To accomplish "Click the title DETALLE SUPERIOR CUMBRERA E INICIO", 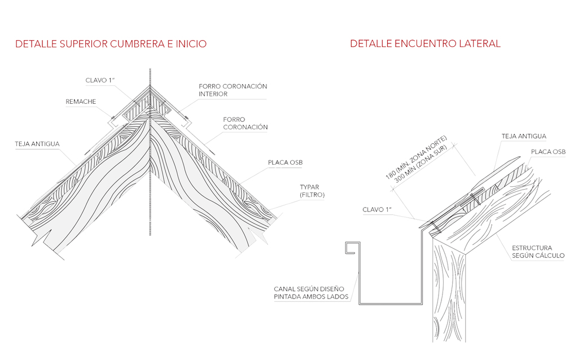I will [x=111, y=44].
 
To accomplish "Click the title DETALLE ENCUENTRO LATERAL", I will [x=425, y=44].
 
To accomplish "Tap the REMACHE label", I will [x=81, y=102].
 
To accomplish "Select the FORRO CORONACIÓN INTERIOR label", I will [x=233, y=90].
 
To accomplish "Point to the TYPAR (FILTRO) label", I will [x=312, y=191].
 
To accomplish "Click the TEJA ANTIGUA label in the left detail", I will [x=37, y=144].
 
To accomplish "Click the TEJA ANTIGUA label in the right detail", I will [x=524, y=136].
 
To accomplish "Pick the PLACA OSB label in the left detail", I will [x=285, y=163].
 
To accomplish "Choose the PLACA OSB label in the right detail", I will [x=548, y=152].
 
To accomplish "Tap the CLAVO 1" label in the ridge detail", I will [x=100, y=80].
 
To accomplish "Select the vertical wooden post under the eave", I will [x=450, y=293].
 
